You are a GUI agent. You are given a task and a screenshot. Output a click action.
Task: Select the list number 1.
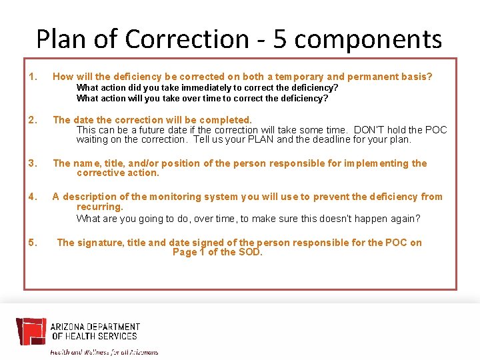coord(33,77)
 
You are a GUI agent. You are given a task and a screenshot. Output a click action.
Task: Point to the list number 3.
coord(33,163)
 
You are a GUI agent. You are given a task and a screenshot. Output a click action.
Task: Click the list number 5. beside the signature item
coord(33,243)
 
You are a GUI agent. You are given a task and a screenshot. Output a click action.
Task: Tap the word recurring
coord(99,207)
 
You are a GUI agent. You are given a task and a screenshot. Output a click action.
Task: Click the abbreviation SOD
coord(250,252)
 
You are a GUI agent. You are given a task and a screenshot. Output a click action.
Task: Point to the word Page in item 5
coord(185,252)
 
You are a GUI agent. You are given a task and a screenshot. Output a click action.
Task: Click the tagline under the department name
coord(104,351)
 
